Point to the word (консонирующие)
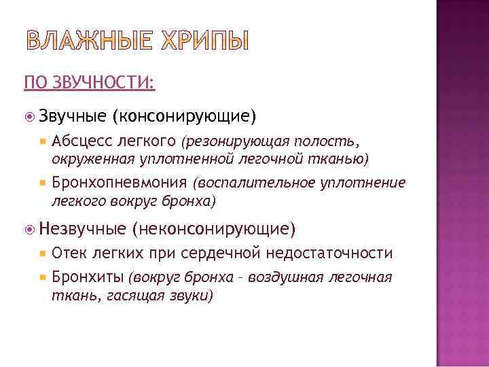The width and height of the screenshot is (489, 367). click(x=184, y=117)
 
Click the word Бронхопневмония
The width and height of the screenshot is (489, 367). click(x=120, y=182)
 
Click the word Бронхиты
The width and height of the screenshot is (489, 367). click(x=88, y=277)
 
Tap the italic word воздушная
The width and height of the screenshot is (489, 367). click(x=291, y=277)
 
